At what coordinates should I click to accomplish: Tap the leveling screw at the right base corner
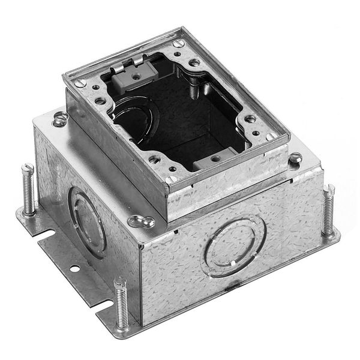point(328,211)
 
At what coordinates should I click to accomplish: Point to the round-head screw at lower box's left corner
point(60,119)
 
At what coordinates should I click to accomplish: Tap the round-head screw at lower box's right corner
point(295,158)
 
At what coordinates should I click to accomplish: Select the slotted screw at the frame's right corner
point(271,137)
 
